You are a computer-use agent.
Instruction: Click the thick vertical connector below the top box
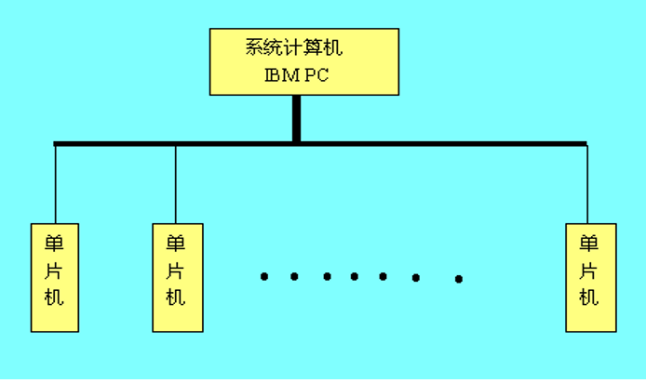click(x=296, y=119)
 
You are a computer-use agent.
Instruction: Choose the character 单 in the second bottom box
click(x=176, y=244)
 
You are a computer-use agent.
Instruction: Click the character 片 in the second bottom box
click(x=176, y=271)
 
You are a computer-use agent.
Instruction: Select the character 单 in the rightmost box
click(x=589, y=244)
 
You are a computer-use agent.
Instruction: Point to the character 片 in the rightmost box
click(x=589, y=271)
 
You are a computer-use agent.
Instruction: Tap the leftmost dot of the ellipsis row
click(x=264, y=276)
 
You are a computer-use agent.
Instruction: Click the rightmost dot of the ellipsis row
click(x=459, y=279)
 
